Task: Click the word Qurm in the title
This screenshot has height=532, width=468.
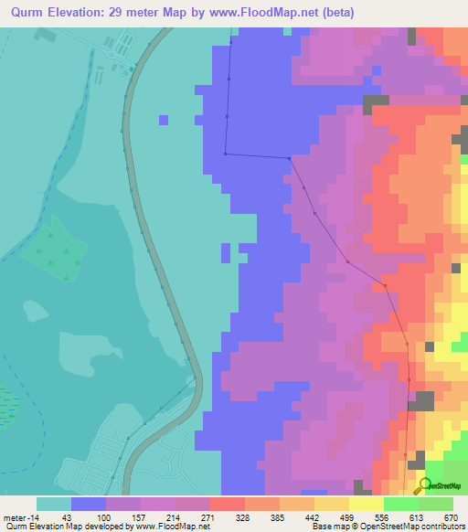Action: point(25,12)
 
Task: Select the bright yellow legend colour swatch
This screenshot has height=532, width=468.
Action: point(367,504)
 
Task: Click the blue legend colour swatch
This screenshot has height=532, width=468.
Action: point(88,504)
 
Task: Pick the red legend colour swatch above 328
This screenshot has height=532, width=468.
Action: point(227,504)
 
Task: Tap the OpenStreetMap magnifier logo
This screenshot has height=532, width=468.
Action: point(424,485)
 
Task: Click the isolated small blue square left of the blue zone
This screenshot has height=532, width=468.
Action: point(164,120)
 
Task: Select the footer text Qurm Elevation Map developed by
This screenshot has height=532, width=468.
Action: point(55,527)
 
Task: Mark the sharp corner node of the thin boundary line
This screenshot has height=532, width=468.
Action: point(225,154)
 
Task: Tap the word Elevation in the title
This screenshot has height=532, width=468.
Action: point(77,12)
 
